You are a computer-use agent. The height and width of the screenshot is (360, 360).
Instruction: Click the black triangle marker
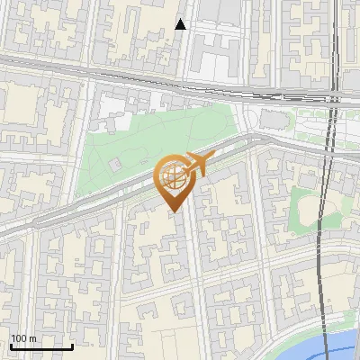tap(181, 24)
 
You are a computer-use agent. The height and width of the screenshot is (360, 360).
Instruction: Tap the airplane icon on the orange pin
tap(197, 164)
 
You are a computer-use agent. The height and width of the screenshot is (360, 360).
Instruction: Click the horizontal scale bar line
tap(40, 347)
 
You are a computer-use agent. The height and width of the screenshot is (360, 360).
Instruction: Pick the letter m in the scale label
tap(33, 339)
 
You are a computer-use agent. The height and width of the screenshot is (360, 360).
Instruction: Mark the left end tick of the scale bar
tap(10, 346)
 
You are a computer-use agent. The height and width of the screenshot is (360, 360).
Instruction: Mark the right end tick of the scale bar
tap(72, 346)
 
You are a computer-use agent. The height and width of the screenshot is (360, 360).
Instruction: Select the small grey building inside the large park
tap(116, 165)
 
